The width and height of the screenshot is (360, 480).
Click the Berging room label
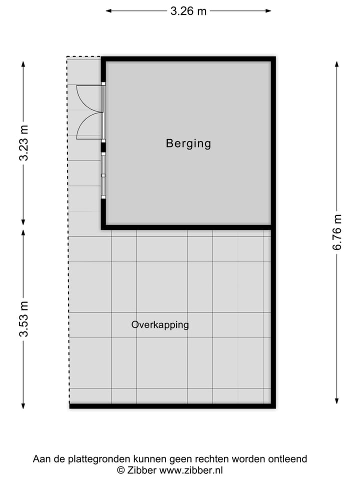188,143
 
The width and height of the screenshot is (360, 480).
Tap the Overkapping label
160,324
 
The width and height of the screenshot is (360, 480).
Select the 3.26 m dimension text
188,11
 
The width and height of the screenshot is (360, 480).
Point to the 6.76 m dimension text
337,232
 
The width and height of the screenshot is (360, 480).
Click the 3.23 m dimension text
23,143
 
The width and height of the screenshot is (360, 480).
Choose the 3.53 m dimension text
23,318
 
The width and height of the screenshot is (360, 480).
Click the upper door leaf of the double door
89,98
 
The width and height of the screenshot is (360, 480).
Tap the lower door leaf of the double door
89,125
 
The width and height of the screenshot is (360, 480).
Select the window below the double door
103,175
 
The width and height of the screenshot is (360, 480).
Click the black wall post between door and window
103,147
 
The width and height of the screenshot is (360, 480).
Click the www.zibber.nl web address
192,470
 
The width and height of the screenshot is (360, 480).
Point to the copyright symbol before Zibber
120,470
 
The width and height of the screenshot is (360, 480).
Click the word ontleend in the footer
289,458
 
